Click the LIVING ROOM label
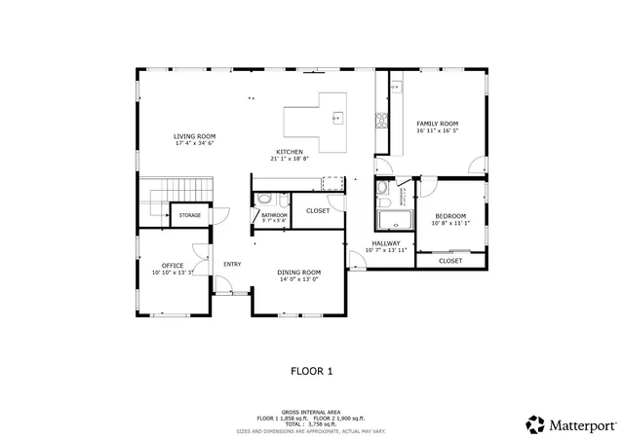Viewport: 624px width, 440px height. (x=195, y=136)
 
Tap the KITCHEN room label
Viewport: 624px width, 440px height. (x=290, y=152)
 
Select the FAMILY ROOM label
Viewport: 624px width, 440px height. (x=437, y=124)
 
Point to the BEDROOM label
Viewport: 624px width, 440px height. (x=450, y=215)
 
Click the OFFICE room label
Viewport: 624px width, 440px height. (x=173, y=265)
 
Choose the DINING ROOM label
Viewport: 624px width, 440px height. (x=298, y=272)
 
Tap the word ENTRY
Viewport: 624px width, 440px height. (x=232, y=264)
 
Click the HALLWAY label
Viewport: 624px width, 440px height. (x=386, y=243)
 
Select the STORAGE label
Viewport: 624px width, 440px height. (x=189, y=215)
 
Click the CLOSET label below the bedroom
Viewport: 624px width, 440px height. (x=450, y=261)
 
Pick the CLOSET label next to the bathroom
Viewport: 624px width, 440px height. (x=318, y=210)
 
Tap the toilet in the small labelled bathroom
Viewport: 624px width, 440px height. (x=264, y=201)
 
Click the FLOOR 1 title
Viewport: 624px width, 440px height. (x=312, y=371)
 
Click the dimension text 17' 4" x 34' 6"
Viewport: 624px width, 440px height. (x=195, y=143)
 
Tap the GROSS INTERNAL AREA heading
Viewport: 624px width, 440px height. (x=312, y=412)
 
